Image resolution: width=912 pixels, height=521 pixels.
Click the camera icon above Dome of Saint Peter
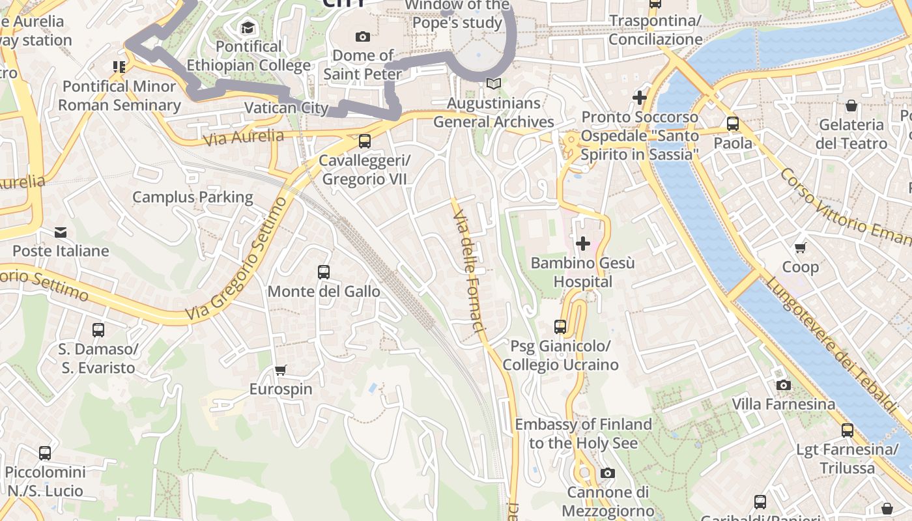[363, 36]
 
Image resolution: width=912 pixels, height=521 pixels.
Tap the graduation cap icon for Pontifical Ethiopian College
[248, 27]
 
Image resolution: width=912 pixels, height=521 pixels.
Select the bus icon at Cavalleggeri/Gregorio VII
[365, 141]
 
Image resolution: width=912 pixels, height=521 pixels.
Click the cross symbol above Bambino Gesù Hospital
[583, 244]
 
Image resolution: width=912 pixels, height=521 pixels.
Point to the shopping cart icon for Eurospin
[281, 370]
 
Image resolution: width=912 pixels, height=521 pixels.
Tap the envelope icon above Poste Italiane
[61, 232]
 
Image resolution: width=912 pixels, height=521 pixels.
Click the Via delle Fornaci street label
[470, 272]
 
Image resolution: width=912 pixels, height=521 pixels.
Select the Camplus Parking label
[193, 197]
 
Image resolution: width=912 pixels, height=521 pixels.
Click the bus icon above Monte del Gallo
[324, 272]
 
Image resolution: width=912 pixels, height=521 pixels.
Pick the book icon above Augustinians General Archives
[494, 84]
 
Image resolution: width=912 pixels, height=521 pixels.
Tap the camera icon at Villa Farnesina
[784, 385]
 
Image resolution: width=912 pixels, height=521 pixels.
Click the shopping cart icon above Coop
[801, 247]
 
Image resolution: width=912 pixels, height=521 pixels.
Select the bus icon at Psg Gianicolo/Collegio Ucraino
[560, 327]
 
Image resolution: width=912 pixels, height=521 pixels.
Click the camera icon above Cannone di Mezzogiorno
[608, 473]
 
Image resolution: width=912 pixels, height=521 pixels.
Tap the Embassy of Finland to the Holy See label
[583, 434]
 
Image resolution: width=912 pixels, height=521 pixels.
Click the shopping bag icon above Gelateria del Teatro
[851, 106]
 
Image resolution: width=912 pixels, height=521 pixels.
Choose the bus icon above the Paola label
[733, 124]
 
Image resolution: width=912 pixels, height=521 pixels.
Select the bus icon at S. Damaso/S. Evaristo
[98, 330]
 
